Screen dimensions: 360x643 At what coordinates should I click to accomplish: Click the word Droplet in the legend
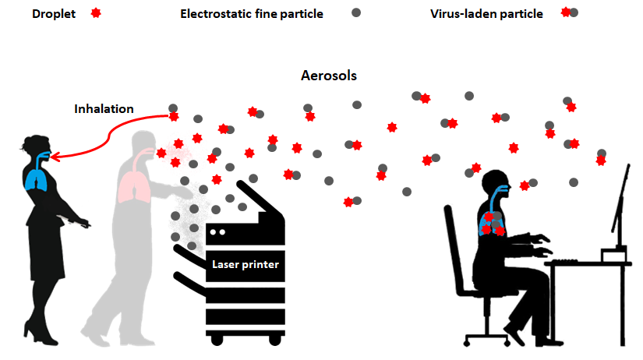[x=55, y=13]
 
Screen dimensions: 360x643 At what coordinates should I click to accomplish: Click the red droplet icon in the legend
[x=96, y=13]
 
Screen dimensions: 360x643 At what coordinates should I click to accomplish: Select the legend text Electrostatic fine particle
[x=251, y=13]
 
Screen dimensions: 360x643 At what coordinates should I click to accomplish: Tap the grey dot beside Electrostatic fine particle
[x=356, y=13]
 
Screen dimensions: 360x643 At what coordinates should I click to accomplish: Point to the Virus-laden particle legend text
[x=486, y=13]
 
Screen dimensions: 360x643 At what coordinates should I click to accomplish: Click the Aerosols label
[x=328, y=76]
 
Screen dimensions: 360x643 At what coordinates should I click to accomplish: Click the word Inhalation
[x=104, y=109]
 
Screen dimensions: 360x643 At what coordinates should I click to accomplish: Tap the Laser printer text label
[x=246, y=264]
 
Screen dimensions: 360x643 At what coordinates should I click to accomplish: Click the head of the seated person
[x=496, y=185]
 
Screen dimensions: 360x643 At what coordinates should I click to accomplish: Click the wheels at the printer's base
[x=246, y=339]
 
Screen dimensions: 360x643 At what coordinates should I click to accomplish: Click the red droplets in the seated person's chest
[x=492, y=224]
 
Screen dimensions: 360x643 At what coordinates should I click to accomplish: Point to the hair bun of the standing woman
[x=25, y=142]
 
